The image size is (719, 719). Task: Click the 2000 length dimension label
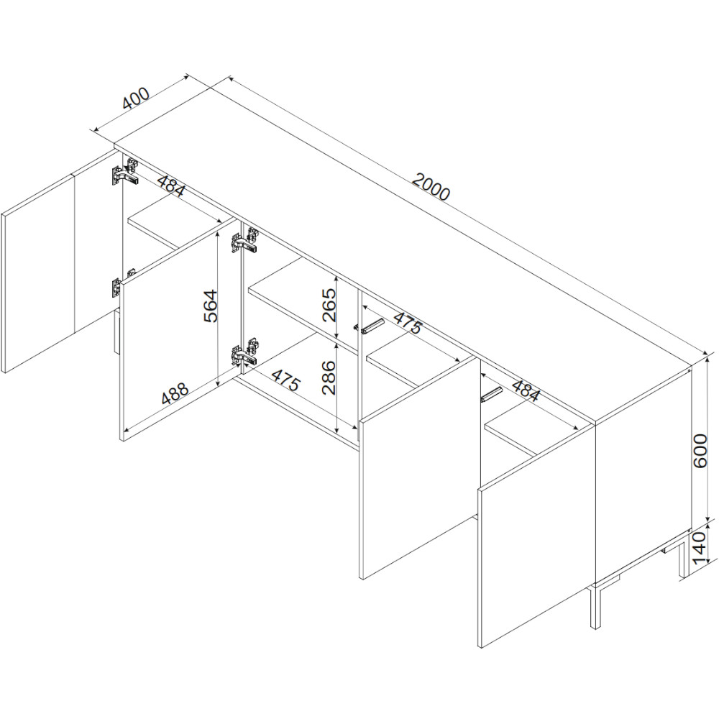coord(431,187)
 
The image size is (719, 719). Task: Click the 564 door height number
coord(210,306)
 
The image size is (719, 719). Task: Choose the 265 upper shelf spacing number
coord(329,305)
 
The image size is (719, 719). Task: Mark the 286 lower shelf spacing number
coord(329,378)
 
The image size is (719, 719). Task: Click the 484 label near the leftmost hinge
coord(172,184)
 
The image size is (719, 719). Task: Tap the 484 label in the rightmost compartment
coord(526,390)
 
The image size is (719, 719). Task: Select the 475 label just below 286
coord(285,379)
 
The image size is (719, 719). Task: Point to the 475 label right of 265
coord(407,323)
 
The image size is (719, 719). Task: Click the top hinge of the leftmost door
coord(125,173)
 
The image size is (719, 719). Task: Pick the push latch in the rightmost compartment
coord(491,394)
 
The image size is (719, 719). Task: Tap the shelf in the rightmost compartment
coord(532,430)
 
